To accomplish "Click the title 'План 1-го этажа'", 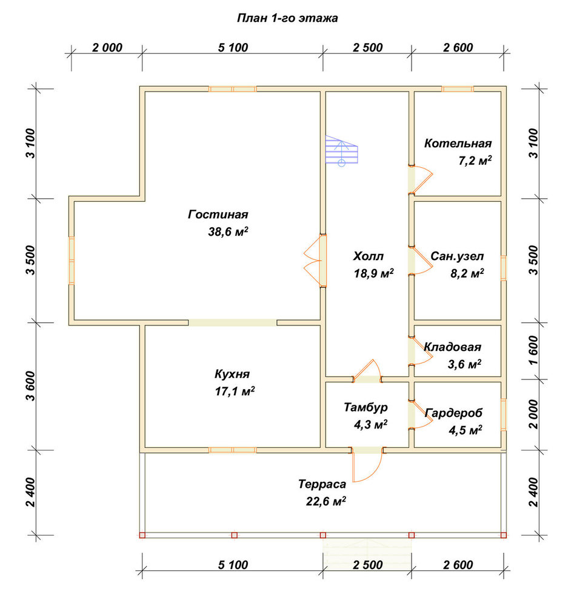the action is pyautogui.click(x=287, y=18).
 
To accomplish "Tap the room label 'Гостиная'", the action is pyautogui.click(x=218, y=215).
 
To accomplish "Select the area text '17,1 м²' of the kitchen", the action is pyautogui.click(x=235, y=391).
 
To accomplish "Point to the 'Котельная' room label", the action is pyautogui.click(x=458, y=144).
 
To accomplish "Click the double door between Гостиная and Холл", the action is pyautogui.click(x=315, y=261).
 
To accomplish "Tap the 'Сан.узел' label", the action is pyautogui.click(x=457, y=256).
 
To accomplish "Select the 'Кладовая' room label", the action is pyautogui.click(x=453, y=347).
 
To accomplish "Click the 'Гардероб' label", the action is pyautogui.click(x=454, y=413).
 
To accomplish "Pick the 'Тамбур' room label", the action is pyautogui.click(x=365, y=407).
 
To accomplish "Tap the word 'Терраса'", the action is pyautogui.click(x=322, y=484).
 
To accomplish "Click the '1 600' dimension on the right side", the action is pyautogui.click(x=533, y=350).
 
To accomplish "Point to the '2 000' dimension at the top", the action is pyautogui.click(x=107, y=47).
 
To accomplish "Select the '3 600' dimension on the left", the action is pyautogui.click(x=30, y=386).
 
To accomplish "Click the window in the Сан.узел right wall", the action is pyautogui.click(x=504, y=268).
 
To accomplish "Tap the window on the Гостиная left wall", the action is pyautogui.click(x=72, y=261).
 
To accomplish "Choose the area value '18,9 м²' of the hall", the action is pyautogui.click(x=374, y=274).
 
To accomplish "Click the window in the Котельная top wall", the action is pyautogui.click(x=458, y=89).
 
